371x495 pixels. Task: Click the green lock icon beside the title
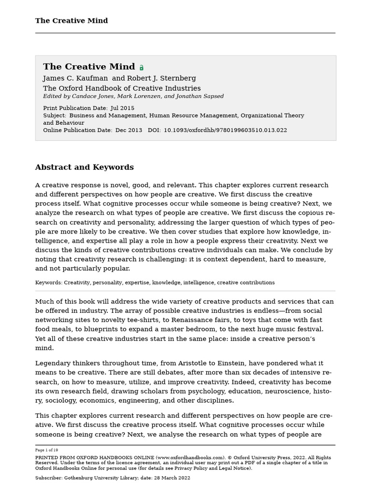142,68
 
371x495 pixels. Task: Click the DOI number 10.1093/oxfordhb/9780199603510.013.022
225,130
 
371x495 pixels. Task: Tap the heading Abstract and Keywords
84,167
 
